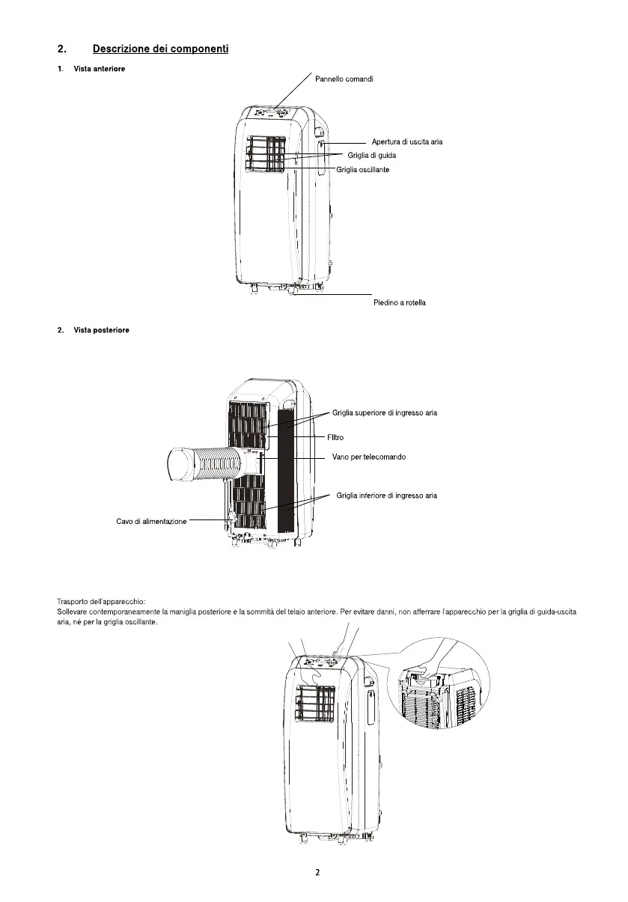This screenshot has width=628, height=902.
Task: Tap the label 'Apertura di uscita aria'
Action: (x=407, y=141)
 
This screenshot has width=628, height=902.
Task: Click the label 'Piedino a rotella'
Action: (x=400, y=302)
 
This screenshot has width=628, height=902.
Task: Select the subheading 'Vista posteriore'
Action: (x=101, y=330)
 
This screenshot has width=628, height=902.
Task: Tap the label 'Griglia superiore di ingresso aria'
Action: (x=385, y=412)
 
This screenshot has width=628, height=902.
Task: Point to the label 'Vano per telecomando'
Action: (x=369, y=457)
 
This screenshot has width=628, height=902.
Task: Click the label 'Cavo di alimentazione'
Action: (x=151, y=521)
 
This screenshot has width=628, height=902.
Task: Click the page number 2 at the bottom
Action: (x=317, y=872)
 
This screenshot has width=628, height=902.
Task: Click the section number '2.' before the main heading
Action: (x=62, y=49)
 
